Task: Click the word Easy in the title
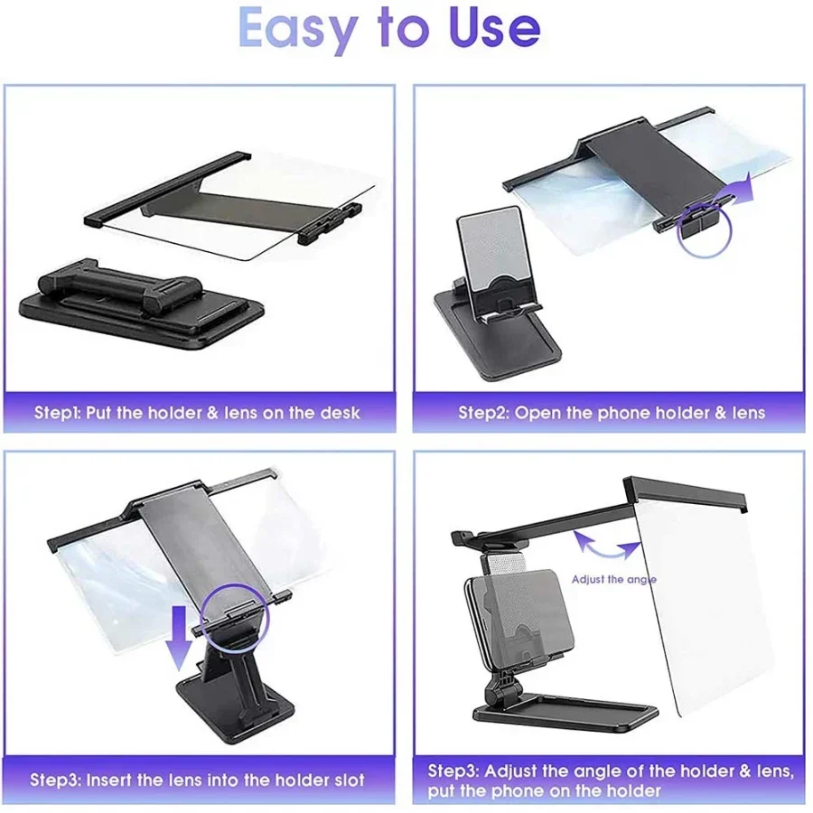298,30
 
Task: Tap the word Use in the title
495,26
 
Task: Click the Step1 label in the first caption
57,413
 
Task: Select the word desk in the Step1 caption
339,413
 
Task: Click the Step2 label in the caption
483,413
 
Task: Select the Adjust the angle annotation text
614,579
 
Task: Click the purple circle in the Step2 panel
704,230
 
